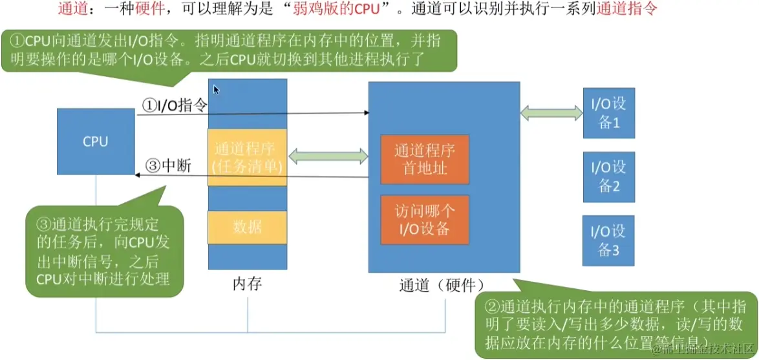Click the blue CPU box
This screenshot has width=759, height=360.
(96, 141)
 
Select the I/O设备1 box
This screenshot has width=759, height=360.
(608, 112)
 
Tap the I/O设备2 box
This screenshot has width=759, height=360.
(608, 176)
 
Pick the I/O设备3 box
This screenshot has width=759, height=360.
(608, 240)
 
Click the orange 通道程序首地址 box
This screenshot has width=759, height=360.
(425, 160)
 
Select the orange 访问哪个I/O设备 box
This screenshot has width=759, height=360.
(425, 219)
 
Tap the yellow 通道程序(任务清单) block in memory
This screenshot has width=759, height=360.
(247, 158)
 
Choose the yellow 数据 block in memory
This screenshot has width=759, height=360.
(247, 227)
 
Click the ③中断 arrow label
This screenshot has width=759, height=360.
(169, 165)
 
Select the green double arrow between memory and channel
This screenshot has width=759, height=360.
(328, 156)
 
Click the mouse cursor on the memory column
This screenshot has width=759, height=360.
(216, 90)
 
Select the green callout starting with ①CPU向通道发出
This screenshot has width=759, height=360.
(230, 50)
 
